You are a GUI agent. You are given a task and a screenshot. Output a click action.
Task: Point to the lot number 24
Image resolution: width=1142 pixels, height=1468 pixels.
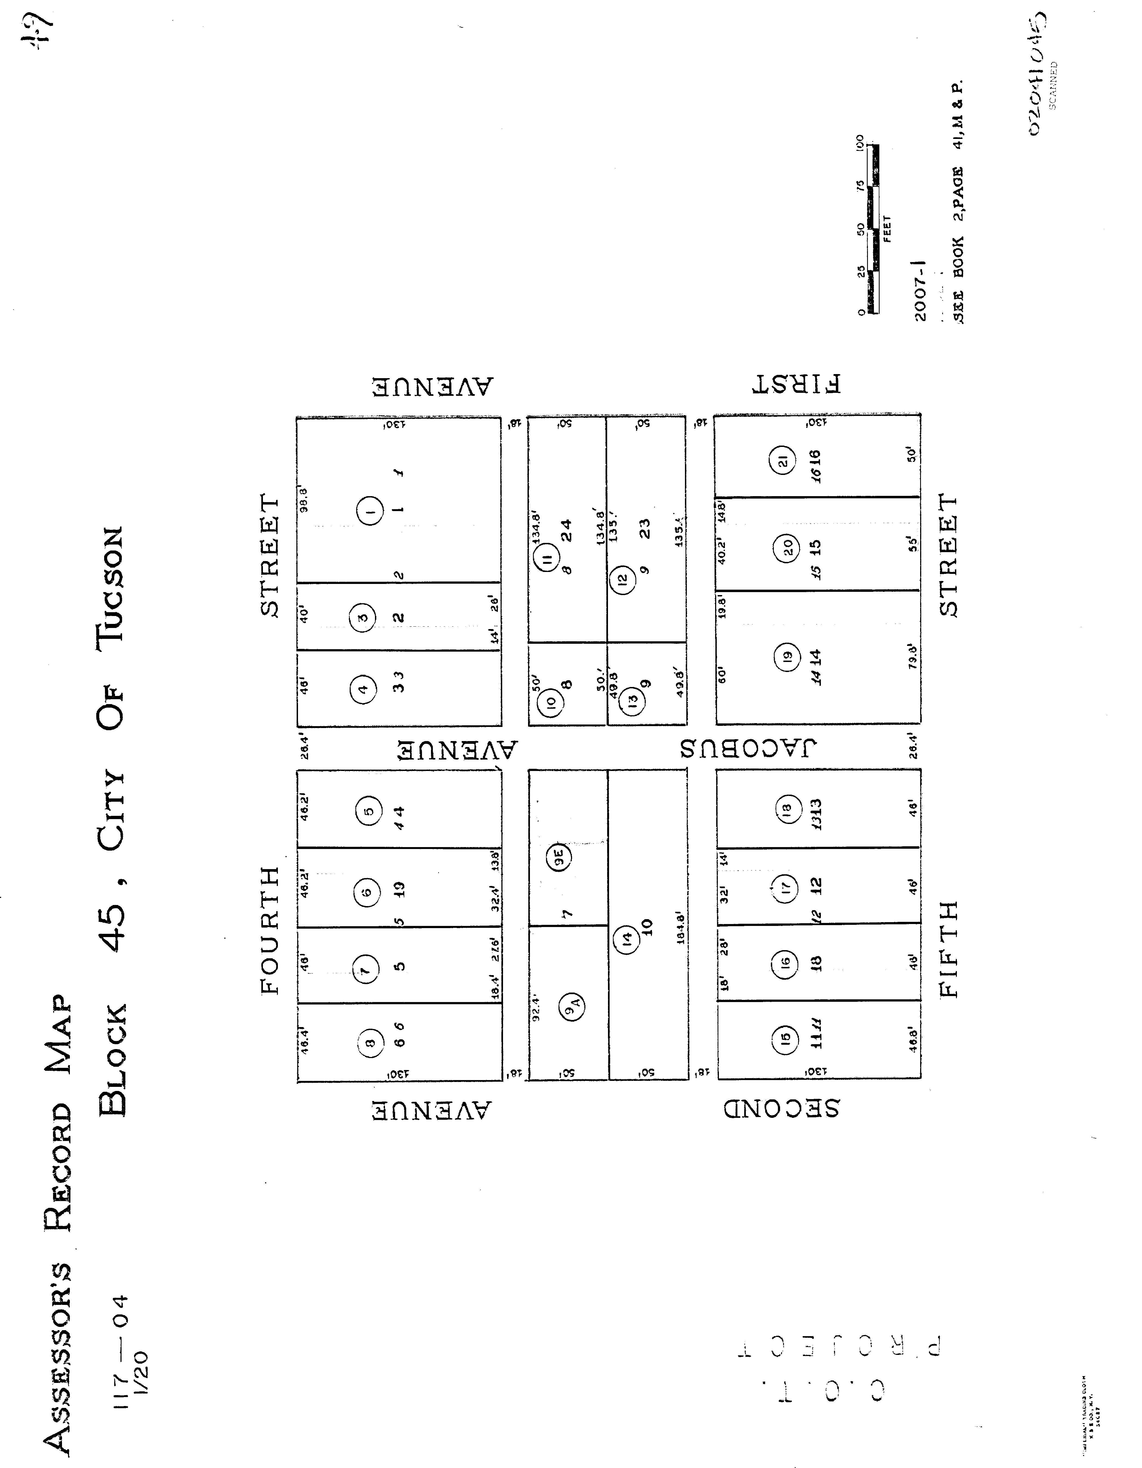[567, 530]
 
